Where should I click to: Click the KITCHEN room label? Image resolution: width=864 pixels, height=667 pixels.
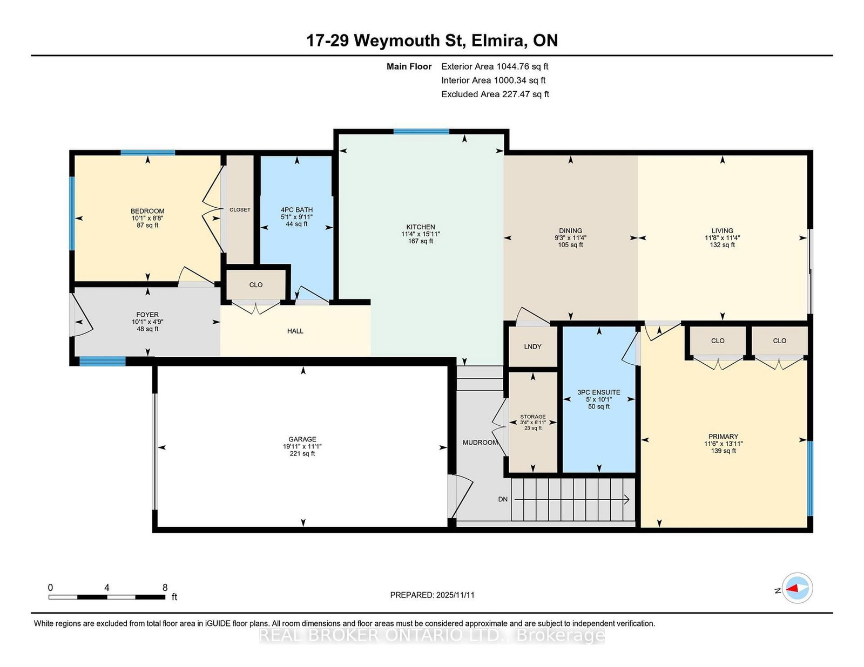(x=420, y=227)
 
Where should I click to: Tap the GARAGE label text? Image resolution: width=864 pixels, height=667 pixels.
(x=302, y=439)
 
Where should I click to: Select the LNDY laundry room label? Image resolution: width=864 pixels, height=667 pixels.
(x=532, y=346)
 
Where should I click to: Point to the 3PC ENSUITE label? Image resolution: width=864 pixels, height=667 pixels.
(x=598, y=392)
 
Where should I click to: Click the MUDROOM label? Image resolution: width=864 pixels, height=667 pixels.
(x=480, y=442)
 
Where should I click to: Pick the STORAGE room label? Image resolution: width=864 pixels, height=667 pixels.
(x=533, y=417)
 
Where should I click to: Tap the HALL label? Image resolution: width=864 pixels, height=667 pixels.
(x=295, y=331)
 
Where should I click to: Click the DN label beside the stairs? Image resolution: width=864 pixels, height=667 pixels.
(x=503, y=499)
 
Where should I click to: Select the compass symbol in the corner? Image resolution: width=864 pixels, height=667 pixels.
(x=797, y=588)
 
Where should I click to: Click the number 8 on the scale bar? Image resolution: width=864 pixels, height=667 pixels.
(x=165, y=587)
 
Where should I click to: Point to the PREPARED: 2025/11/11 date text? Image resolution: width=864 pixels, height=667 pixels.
(x=432, y=595)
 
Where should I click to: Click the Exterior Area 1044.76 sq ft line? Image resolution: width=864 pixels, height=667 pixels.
(x=495, y=66)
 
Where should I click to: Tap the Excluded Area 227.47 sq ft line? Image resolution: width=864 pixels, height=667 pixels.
(x=495, y=94)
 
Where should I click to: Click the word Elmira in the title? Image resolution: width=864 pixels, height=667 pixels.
(x=498, y=40)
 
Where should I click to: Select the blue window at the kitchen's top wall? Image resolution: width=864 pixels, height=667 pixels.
(x=421, y=132)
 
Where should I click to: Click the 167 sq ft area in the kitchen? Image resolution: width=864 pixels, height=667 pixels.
(x=420, y=241)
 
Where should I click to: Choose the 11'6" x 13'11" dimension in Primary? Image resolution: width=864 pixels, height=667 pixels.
(x=723, y=444)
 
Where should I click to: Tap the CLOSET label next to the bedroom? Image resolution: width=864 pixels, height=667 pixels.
(x=240, y=209)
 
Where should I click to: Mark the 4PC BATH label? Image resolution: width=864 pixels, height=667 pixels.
(x=296, y=210)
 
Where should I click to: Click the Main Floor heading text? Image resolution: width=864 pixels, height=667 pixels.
(x=409, y=66)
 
